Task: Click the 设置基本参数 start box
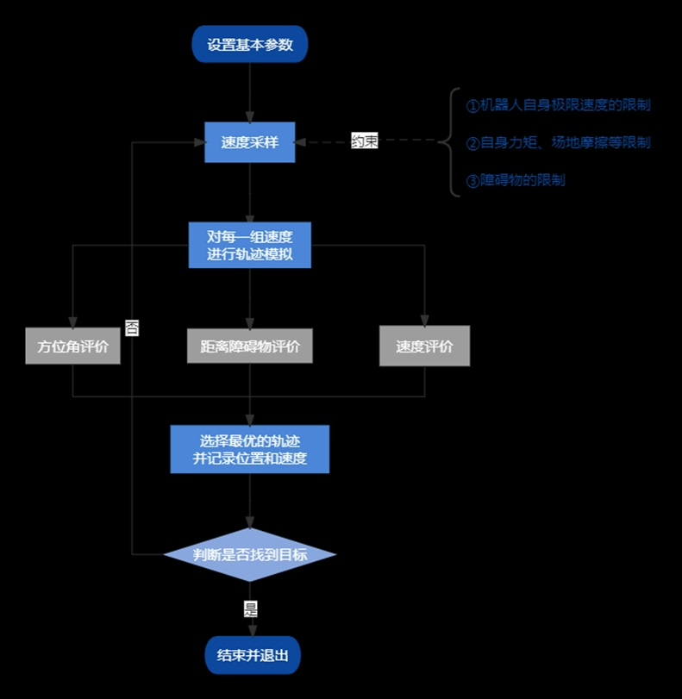coord(249,45)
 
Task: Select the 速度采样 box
coord(249,142)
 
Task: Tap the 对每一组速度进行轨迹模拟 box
coord(249,246)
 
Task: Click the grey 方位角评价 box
coord(72,346)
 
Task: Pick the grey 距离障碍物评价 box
coord(249,346)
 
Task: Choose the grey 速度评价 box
coord(424,346)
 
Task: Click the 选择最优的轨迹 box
coord(249,449)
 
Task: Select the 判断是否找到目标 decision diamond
coord(249,554)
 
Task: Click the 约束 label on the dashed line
coord(364,141)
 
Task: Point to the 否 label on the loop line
coord(132,328)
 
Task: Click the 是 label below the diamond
coord(250,609)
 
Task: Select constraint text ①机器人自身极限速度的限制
coord(558,105)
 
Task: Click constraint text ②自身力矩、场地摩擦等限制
coord(558,142)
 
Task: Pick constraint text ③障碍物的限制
coord(516,180)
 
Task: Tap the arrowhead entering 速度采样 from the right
coord(302,142)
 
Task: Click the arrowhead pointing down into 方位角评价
coord(72,321)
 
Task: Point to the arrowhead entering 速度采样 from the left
coord(198,142)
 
